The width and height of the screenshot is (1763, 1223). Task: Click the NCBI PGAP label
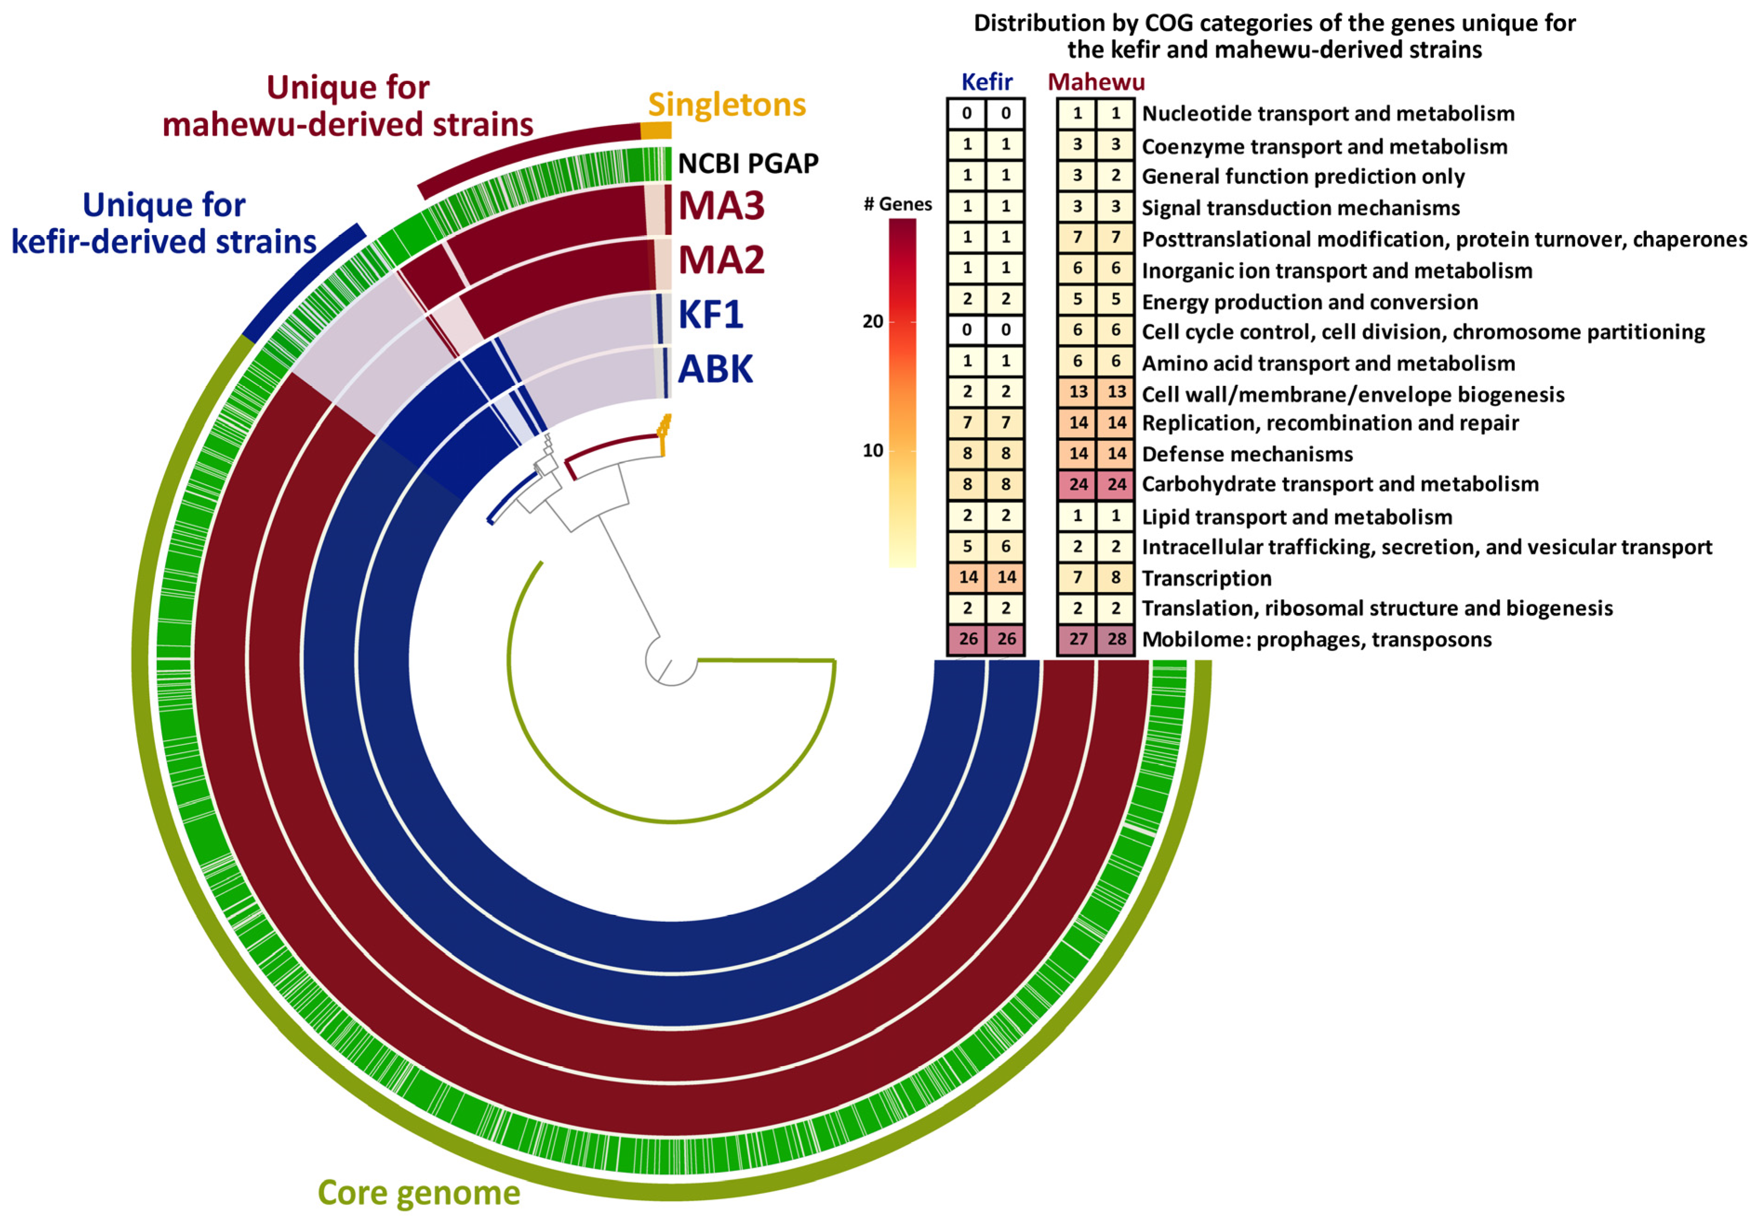pyautogui.click(x=748, y=163)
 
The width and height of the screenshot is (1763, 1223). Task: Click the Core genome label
pyautogui.click(x=418, y=1192)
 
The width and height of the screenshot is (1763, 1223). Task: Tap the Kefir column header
pyautogui.click(x=987, y=81)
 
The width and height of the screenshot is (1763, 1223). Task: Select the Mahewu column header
pyautogui.click(x=1096, y=81)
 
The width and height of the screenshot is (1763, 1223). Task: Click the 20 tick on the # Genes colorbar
pyautogui.click(x=873, y=321)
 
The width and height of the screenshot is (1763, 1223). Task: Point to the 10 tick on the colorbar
pyautogui.click(x=873, y=451)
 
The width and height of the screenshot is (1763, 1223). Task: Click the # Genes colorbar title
pyautogui.click(x=898, y=204)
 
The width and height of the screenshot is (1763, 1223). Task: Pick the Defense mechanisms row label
pyautogui.click(x=1247, y=454)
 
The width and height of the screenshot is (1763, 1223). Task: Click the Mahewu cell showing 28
pyautogui.click(x=1116, y=639)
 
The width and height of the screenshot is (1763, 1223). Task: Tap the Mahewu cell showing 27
pyautogui.click(x=1078, y=639)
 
